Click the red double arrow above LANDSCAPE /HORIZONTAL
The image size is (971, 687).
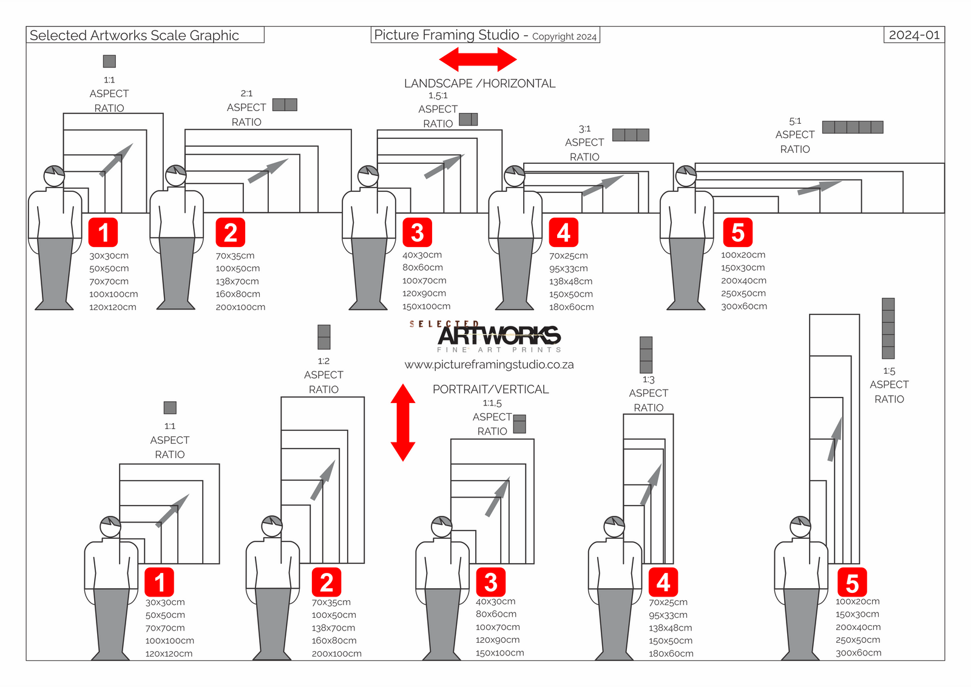pyautogui.click(x=478, y=59)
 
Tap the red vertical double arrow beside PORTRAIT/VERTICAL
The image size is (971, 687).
pyautogui.click(x=403, y=422)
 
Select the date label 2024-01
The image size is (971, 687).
pyautogui.click(x=914, y=35)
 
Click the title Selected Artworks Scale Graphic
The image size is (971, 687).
pyautogui.click(x=134, y=35)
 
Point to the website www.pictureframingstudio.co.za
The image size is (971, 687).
pyautogui.click(x=489, y=365)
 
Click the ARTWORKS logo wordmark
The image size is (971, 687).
pyautogui.click(x=499, y=336)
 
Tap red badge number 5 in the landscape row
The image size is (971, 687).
pyautogui.click(x=738, y=232)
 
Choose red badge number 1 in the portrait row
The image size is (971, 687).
pyautogui.click(x=159, y=581)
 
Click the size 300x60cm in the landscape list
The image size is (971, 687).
pyautogui.click(x=744, y=306)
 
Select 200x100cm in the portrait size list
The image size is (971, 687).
pyautogui.click(x=336, y=654)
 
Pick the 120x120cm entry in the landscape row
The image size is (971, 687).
pyautogui.click(x=113, y=307)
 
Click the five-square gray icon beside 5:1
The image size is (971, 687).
pyautogui.click(x=853, y=127)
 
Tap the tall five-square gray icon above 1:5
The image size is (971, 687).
pyautogui.click(x=888, y=328)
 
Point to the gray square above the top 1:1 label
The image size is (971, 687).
pyautogui.click(x=109, y=61)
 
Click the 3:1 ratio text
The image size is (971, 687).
pyautogui.click(x=584, y=129)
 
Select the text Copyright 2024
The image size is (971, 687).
pyautogui.click(x=564, y=36)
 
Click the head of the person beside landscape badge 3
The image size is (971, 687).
pyautogui.click(x=368, y=176)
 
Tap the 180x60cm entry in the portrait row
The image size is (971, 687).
pyautogui.click(x=671, y=654)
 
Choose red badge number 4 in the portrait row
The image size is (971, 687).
pyautogui.click(x=663, y=581)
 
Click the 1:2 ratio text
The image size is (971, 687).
pyautogui.click(x=323, y=361)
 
